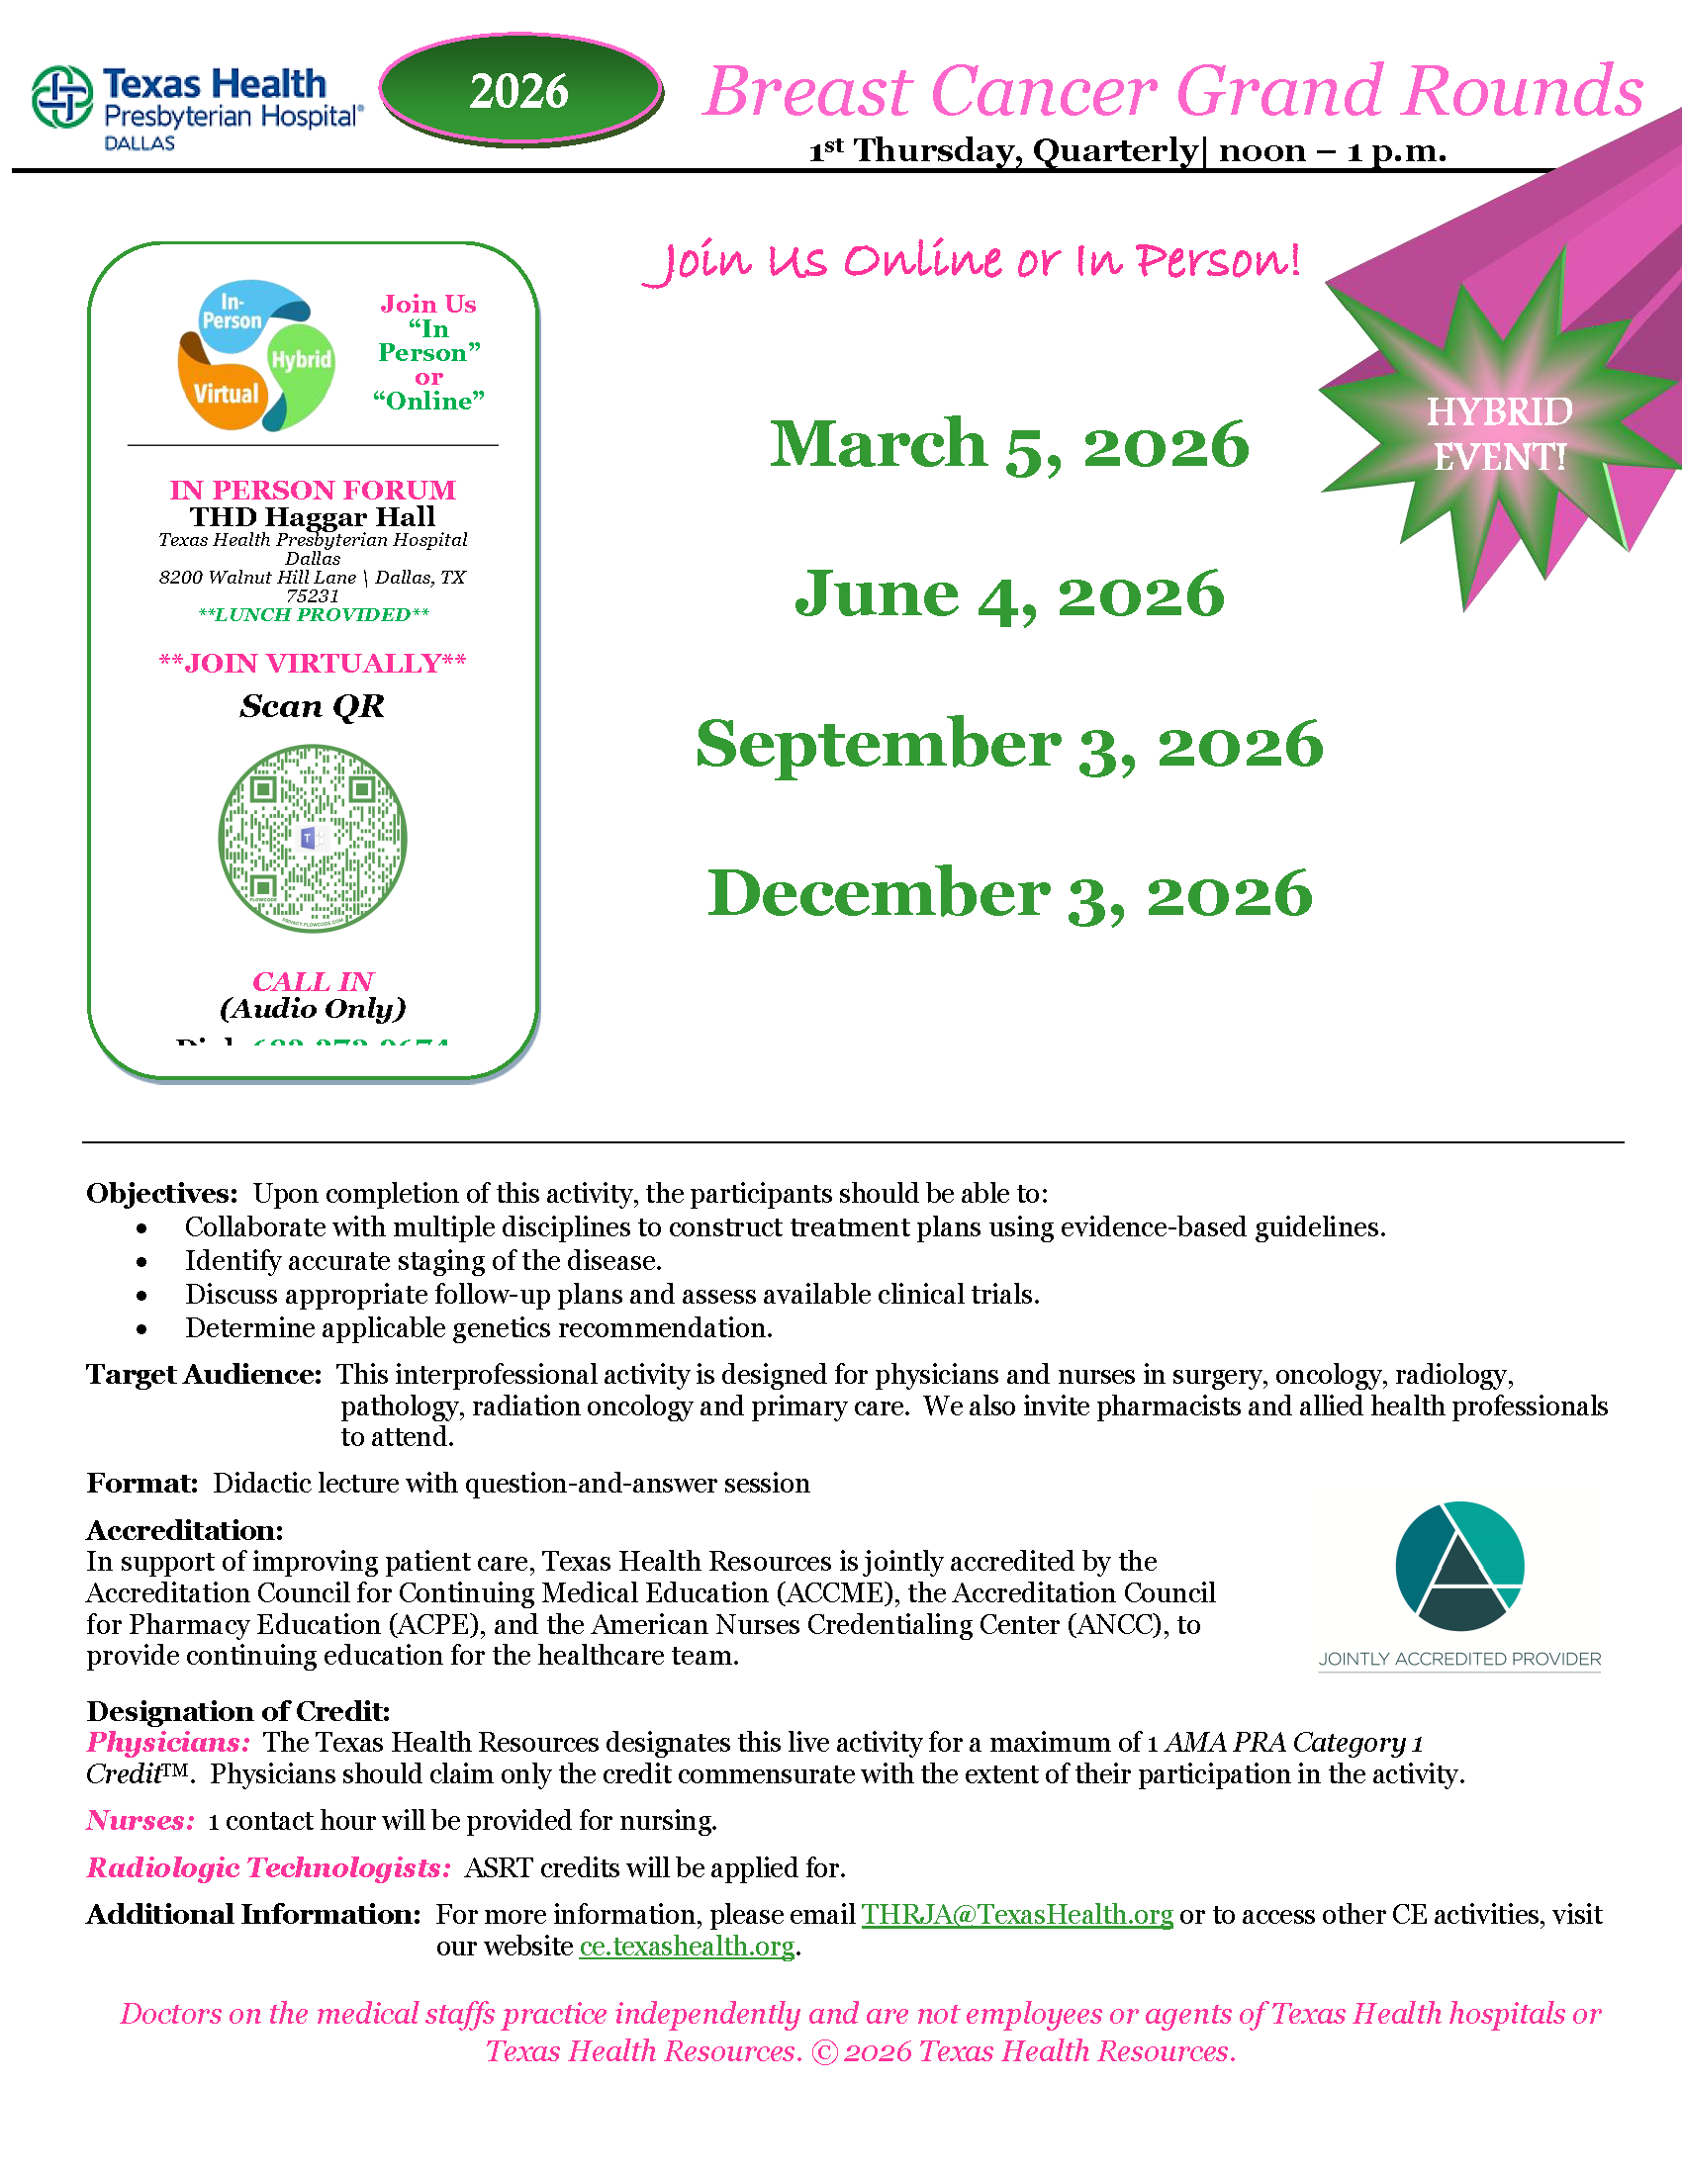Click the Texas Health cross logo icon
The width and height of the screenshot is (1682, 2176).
(62, 97)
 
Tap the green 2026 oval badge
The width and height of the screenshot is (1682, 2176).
(519, 91)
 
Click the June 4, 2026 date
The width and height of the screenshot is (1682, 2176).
(1008, 593)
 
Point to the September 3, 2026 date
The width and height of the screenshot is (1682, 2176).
(1008, 743)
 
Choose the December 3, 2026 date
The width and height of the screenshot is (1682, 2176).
(1008, 893)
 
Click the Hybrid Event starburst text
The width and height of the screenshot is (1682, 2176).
(1499, 434)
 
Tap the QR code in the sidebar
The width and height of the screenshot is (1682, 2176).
(312, 838)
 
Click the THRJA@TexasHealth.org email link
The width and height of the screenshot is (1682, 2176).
(1016, 1915)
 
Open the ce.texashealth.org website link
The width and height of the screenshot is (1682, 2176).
(687, 1946)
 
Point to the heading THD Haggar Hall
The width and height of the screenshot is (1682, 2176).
(312, 516)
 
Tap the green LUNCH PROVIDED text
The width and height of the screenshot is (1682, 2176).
(313, 615)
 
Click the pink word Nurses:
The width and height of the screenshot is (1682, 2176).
(140, 1820)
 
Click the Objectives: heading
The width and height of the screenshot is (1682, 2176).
(161, 1193)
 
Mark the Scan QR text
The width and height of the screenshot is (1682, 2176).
(312, 706)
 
